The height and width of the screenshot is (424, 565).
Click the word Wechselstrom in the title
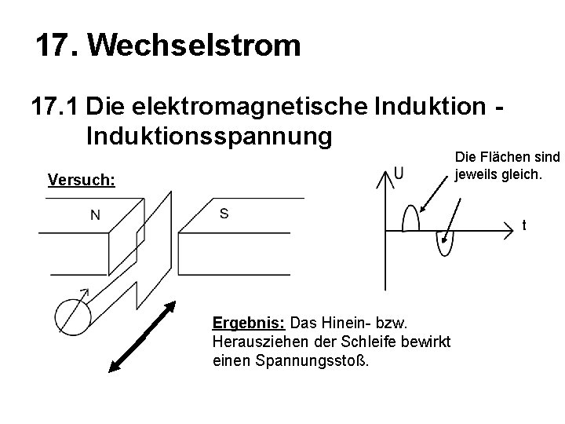(194, 46)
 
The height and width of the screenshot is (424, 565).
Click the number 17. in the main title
(58, 46)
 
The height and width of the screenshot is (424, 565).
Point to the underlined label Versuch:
(82, 181)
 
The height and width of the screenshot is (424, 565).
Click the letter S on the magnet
(224, 214)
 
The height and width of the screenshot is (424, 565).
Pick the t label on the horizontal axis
(524, 226)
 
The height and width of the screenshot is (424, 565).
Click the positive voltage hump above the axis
(410, 220)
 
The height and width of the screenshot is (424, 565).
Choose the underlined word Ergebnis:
(250, 323)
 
